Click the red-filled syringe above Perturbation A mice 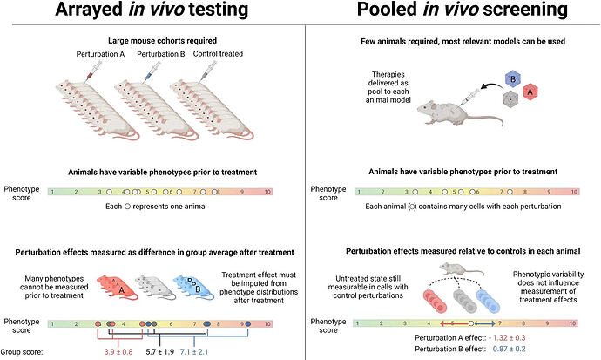[x=92, y=71]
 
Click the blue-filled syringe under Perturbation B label [x=152, y=71]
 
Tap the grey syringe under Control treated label [x=207, y=71]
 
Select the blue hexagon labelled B [x=512, y=79]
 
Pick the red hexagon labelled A [x=530, y=92]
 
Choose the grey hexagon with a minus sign [x=510, y=98]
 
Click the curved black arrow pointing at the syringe [x=492, y=85]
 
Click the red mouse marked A [x=117, y=287]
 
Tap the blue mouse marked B [x=193, y=287]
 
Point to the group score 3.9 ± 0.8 [x=118, y=351]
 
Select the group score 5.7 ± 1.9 [x=160, y=351]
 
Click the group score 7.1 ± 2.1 [x=194, y=351]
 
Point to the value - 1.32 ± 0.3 [x=507, y=337]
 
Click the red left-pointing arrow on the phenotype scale [x=454, y=323]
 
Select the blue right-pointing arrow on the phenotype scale [x=485, y=323]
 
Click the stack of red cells [x=436, y=301]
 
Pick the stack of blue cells [x=488, y=301]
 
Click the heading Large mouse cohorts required [x=162, y=41]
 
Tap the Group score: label [x=22, y=351]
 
